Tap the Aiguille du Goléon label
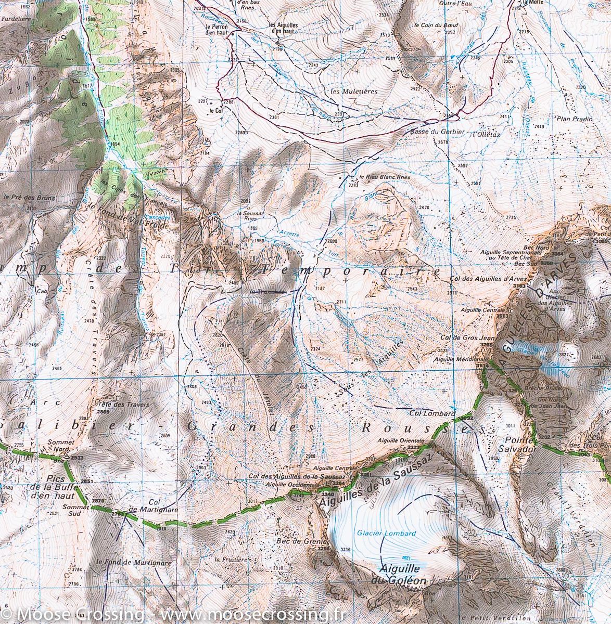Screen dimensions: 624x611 (x=403, y=575)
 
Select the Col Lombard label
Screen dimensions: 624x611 (x=429, y=413)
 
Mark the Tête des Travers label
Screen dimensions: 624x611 (x=116, y=405)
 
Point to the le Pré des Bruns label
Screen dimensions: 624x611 (x=29, y=198)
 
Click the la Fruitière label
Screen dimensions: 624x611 (x=230, y=558)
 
